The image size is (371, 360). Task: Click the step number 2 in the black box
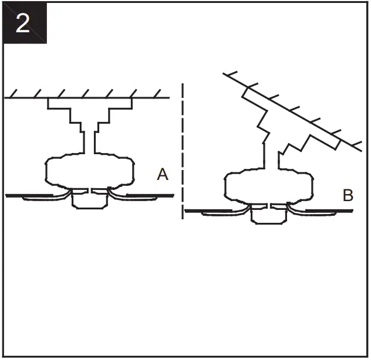click(x=22, y=23)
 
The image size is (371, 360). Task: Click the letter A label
click(x=163, y=174)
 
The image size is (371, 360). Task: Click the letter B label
click(x=348, y=195)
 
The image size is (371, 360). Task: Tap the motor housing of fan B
click(x=269, y=187)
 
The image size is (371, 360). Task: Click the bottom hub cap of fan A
click(x=89, y=201)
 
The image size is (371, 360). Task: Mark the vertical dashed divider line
click(x=183, y=152)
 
